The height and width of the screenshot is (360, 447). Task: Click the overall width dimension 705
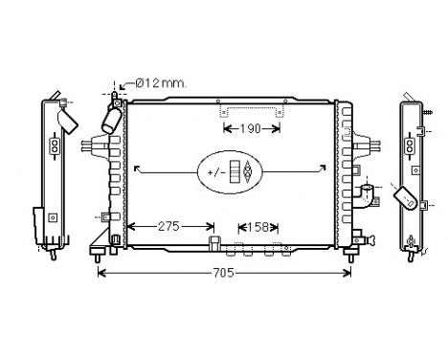click(223, 273)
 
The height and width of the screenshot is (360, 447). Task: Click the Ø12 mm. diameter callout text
click(160, 83)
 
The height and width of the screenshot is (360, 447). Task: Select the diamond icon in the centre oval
click(248, 172)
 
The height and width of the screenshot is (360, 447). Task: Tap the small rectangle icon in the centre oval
click(234, 172)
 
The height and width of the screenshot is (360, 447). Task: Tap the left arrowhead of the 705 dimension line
click(101, 273)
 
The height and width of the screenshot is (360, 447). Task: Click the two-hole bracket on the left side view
click(55, 146)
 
